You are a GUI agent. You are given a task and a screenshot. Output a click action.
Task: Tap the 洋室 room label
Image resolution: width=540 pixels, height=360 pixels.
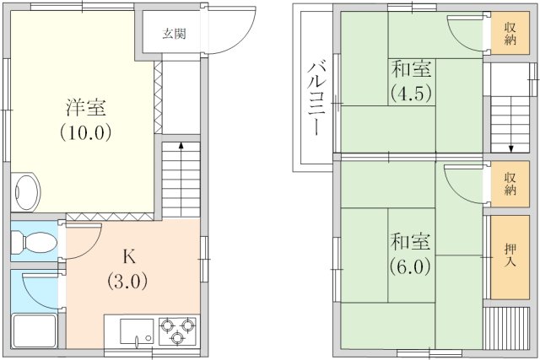(86, 108)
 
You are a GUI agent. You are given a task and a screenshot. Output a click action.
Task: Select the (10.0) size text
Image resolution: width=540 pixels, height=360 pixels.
(86, 132)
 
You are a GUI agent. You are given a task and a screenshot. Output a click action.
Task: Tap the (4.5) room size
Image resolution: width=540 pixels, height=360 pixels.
(411, 93)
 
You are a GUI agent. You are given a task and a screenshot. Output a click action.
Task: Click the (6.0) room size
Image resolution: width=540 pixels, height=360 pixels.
(411, 266)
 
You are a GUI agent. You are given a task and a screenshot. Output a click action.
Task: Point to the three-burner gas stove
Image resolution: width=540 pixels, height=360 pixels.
(177, 330)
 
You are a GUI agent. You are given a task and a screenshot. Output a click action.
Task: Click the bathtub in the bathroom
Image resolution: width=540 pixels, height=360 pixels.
(34, 330)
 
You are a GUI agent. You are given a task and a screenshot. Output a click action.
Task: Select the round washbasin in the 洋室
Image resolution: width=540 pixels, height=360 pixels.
(26, 193)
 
